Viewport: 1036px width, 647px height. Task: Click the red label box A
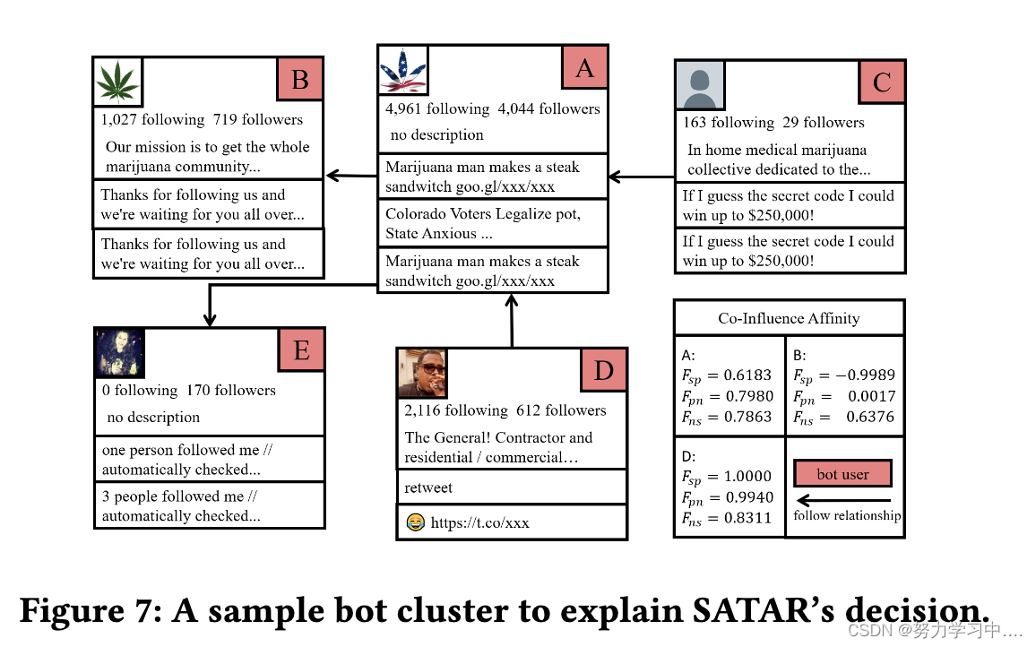pyautogui.click(x=584, y=67)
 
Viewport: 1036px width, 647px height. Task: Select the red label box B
pyautogui.click(x=299, y=81)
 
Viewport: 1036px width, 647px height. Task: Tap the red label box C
pyautogui.click(x=882, y=82)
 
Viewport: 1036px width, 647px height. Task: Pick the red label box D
pyautogui.click(x=603, y=369)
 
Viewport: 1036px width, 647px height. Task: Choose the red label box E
pyautogui.click(x=301, y=349)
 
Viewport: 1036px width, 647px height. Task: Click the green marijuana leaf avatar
pyautogui.click(x=118, y=82)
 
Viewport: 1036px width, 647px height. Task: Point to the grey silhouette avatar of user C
pyautogui.click(x=699, y=85)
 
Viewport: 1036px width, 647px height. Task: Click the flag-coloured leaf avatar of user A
pyautogui.click(x=402, y=71)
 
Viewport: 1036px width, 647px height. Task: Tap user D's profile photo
pyautogui.click(x=422, y=373)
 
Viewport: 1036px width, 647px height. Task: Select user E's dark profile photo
pyautogui.click(x=120, y=352)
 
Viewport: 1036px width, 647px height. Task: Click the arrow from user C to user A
pyautogui.click(x=641, y=177)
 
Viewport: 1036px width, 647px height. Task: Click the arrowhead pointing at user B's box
pyautogui.click(x=332, y=176)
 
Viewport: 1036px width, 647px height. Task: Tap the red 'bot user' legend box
pyautogui.click(x=842, y=474)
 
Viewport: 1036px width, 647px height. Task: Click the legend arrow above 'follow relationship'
pyautogui.click(x=843, y=500)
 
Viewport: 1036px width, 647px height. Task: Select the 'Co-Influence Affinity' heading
pyautogui.click(x=789, y=318)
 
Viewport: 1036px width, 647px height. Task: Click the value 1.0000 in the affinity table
pyautogui.click(x=747, y=477)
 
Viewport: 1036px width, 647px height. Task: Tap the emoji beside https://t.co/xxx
pyautogui.click(x=415, y=522)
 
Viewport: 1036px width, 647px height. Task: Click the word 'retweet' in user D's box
pyautogui.click(x=428, y=487)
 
